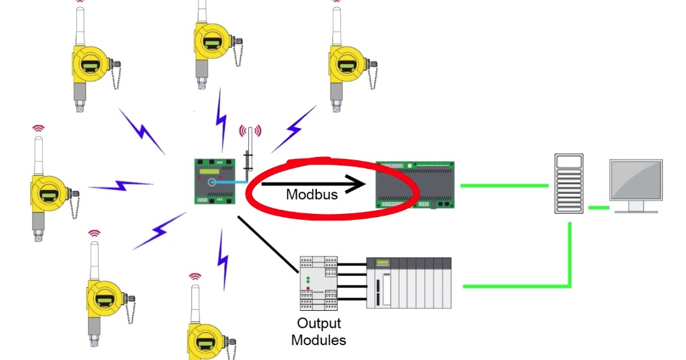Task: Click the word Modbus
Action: [312, 194]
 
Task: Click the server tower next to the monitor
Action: [569, 183]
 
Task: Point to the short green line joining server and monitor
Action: [599, 207]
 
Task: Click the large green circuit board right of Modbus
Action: [415, 185]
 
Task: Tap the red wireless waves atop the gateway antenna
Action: [250, 132]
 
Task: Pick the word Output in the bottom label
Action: [319, 323]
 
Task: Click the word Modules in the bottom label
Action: [319, 340]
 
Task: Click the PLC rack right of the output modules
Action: [409, 282]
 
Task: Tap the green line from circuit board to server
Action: [504, 185]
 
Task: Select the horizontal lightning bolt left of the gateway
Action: [121, 187]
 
